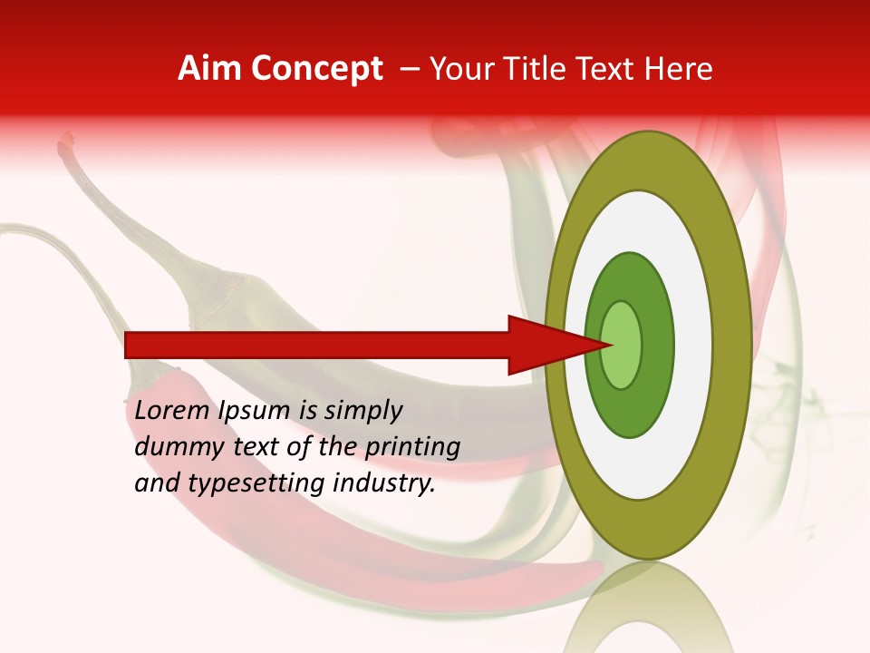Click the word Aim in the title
pos(209,69)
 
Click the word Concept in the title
pos(316,69)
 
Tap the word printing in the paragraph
pos(412,446)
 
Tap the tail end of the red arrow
pos(128,345)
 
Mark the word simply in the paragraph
pos(362,410)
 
